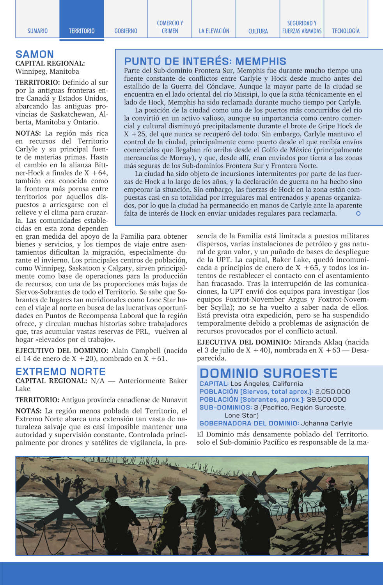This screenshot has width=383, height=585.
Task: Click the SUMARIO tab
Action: coord(37,31)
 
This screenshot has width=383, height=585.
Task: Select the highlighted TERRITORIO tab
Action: coord(82,31)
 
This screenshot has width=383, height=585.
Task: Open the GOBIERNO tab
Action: coord(126,31)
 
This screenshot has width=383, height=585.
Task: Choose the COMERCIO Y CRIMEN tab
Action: coord(170,27)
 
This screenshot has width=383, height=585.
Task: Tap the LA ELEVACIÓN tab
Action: coord(214,31)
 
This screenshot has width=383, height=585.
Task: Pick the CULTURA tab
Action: coord(258,31)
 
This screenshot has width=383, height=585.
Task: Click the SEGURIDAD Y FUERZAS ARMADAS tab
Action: coord(302,27)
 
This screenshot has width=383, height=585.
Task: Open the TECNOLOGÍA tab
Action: coord(346,31)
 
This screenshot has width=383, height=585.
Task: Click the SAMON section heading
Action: coord(35,54)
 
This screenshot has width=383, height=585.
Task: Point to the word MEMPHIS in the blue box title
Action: coord(261,61)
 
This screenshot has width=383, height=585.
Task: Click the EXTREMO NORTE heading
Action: coord(60,372)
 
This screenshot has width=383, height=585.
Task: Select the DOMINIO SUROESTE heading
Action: coord(268,373)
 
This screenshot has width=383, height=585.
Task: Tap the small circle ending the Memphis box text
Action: coord(358,213)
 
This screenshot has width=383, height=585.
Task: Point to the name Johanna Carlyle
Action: coord(326,423)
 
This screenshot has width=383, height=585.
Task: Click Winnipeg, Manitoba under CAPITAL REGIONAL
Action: coord(47,71)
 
